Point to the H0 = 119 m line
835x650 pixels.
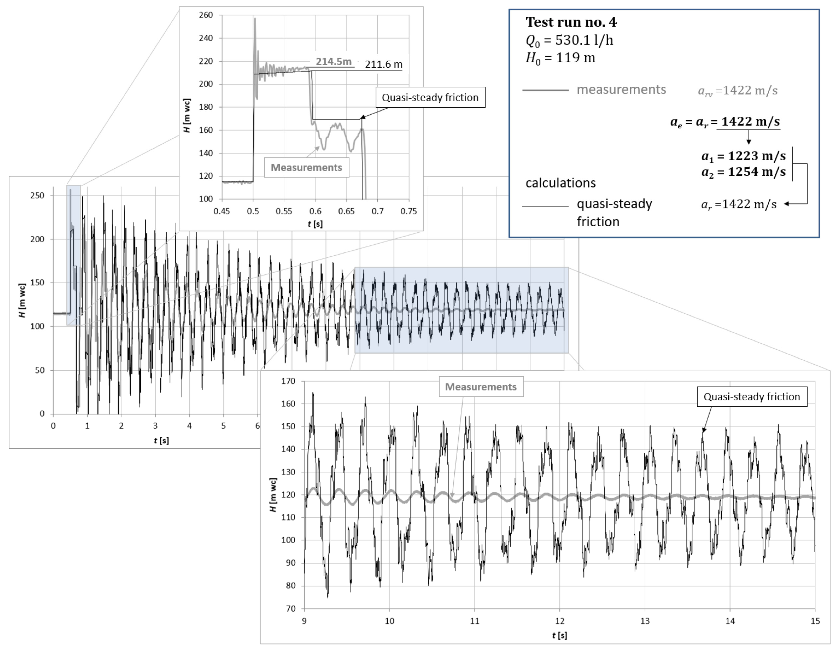(x=560, y=58)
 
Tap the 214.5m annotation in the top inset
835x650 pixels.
(x=333, y=62)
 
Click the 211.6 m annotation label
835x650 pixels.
(x=383, y=64)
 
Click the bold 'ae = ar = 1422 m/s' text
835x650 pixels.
(x=725, y=122)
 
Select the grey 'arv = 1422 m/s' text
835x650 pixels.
(x=737, y=91)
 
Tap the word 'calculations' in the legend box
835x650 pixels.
(x=560, y=183)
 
